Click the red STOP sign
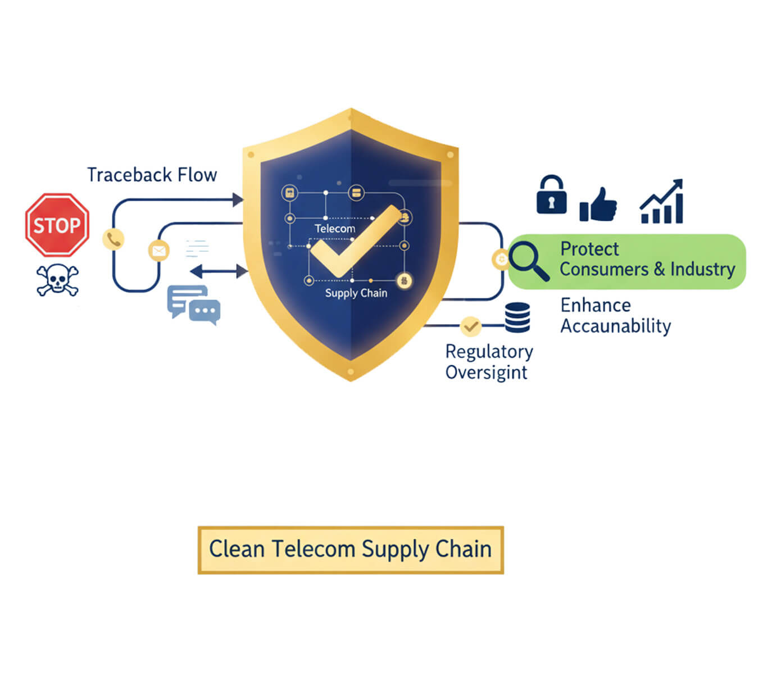pos(57,225)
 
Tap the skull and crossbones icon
pos(57,279)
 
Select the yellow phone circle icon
pos(113,239)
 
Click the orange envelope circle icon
pos(159,250)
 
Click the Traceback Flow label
pos(152,175)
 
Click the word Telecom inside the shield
pos(335,229)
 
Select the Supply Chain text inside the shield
pos(356,293)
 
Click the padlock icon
pos(551,195)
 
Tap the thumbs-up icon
pos(598,204)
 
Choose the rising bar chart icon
pos(662,202)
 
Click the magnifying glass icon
pos(529,261)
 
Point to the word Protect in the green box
pos(589,248)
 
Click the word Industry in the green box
pos(702,269)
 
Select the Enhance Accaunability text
pos(615,315)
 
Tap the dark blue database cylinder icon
pos(517,318)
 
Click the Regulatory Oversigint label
pos(488,361)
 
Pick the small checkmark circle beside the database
pos(470,326)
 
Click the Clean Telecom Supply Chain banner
pos(351,550)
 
